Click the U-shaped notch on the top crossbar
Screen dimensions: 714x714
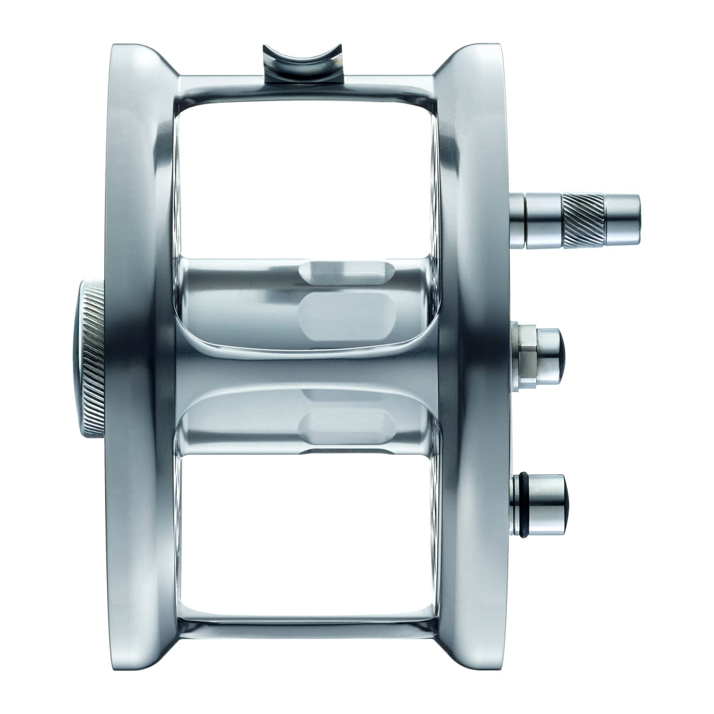pyautogui.click(x=302, y=60)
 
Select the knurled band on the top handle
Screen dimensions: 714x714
pyautogui.click(x=583, y=220)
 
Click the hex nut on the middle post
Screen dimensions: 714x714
pyautogui.click(x=526, y=356)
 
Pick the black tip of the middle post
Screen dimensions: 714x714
pyautogui.click(x=562, y=356)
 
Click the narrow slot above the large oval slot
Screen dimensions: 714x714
pyautogui.click(x=346, y=269)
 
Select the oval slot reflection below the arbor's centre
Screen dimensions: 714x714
pyautogui.click(x=348, y=426)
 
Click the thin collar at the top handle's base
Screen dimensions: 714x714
pyautogui.click(x=517, y=221)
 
